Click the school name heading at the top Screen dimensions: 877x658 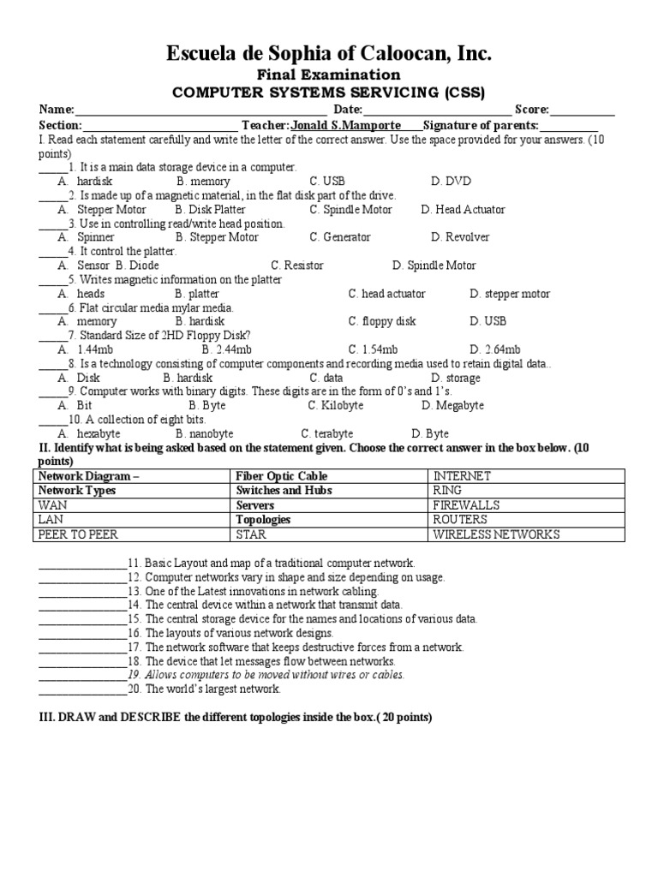coord(328,55)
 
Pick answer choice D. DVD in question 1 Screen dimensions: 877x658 coord(451,182)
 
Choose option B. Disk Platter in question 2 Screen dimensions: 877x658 coord(210,210)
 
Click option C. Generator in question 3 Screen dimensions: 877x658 coord(340,237)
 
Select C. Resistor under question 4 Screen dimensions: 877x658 coord(296,265)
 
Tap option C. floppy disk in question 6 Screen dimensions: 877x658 coord(381,321)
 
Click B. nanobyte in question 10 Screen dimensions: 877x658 coord(204,433)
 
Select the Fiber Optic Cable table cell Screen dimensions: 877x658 coord(281,476)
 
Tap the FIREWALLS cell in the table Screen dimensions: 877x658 coord(466,505)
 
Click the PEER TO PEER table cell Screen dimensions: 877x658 coord(78,534)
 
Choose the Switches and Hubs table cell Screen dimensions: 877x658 coord(284,491)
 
